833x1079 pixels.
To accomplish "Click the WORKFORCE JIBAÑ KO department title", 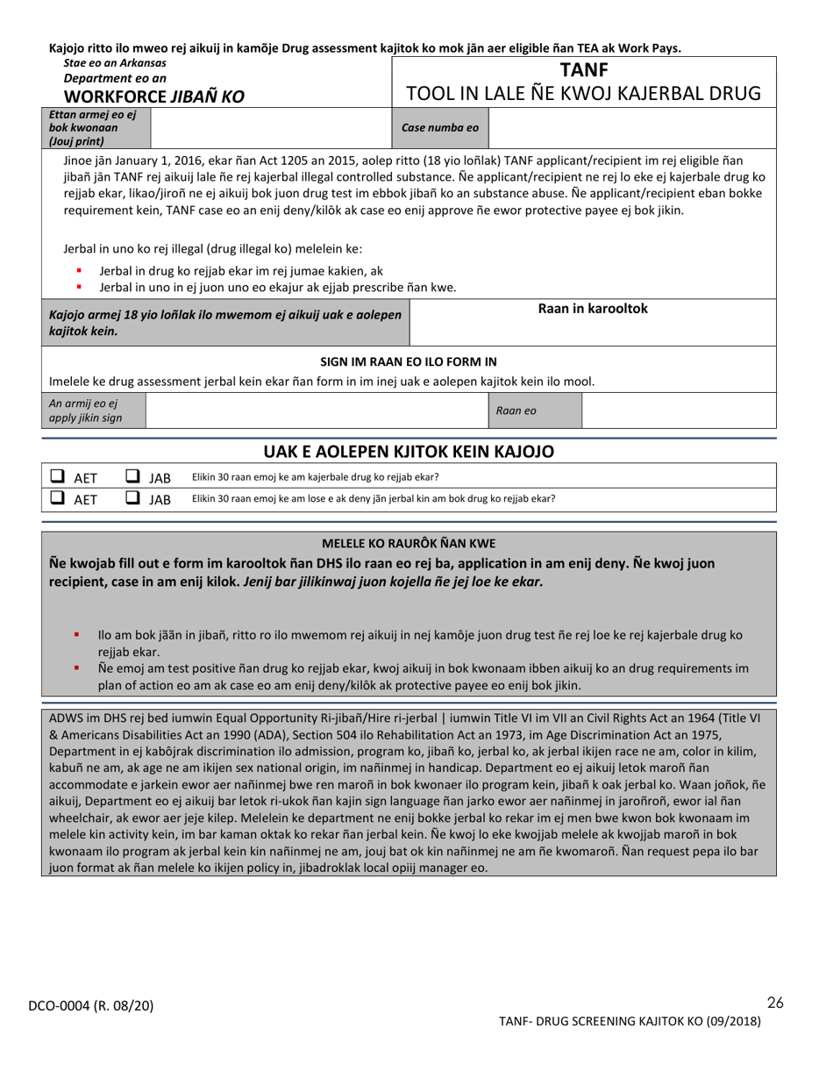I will point(145,96).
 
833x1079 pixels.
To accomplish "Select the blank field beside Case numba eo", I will point(631,127).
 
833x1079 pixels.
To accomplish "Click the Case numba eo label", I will point(439,127).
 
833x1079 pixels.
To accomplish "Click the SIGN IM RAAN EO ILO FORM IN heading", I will point(409,361).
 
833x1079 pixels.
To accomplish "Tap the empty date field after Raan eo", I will point(679,411).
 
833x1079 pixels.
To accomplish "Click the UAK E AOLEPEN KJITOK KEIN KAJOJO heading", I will point(409,452).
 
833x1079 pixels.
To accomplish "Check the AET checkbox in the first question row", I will point(57,477).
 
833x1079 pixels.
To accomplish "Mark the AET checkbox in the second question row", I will point(57,498).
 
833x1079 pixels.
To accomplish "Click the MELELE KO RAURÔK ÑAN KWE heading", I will point(409,543).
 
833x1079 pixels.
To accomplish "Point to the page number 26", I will point(774,1003).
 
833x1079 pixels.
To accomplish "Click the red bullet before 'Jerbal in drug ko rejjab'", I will point(79,271).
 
